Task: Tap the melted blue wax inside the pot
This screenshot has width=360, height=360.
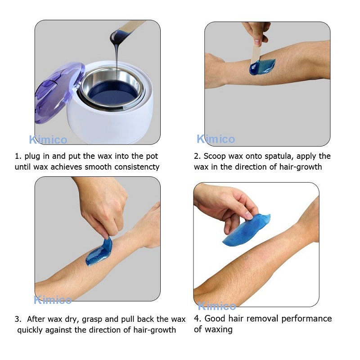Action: click(x=112, y=92)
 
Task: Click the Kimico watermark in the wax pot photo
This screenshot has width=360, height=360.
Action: click(x=48, y=139)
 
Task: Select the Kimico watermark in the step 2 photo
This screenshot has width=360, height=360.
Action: click(x=216, y=139)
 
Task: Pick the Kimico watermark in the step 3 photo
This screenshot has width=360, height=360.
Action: click(x=53, y=300)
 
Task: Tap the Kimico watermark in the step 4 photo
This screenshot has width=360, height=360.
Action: click(x=217, y=306)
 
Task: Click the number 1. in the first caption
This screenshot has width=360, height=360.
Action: click(x=18, y=156)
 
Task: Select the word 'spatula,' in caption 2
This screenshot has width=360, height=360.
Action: click(x=286, y=156)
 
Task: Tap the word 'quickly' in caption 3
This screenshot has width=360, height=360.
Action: click(x=32, y=330)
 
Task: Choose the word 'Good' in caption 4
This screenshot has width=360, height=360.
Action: click(x=216, y=319)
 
